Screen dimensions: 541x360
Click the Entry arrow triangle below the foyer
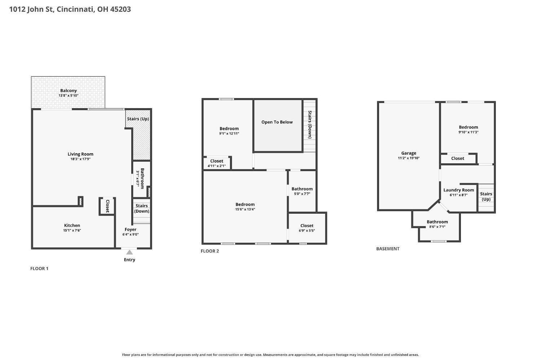(x=129, y=252)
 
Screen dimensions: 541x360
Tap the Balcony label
(x=69, y=90)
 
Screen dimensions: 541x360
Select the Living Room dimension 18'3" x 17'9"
(x=80, y=159)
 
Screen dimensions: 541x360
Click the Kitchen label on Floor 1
(x=72, y=225)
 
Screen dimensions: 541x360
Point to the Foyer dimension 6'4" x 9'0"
(x=131, y=235)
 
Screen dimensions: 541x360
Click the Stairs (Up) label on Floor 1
(x=138, y=119)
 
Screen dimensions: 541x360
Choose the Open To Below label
(x=277, y=122)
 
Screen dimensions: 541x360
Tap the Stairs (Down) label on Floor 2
(x=310, y=124)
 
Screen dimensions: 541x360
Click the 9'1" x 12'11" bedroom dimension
(x=229, y=133)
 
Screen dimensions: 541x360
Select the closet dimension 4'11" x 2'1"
(x=217, y=166)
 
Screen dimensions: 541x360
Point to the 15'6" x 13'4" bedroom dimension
(x=245, y=209)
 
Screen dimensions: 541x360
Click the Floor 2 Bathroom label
(x=302, y=189)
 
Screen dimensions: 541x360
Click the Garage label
(x=409, y=153)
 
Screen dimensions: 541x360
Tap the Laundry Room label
(x=459, y=190)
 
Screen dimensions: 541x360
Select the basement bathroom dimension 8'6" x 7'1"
(x=437, y=227)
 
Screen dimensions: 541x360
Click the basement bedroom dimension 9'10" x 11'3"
(x=469, y=132)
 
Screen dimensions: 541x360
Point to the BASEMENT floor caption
(x=388, y=249)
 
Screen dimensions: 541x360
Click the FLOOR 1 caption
(x=39, y=268)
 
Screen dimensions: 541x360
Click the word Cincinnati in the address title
(x=75, y=9)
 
